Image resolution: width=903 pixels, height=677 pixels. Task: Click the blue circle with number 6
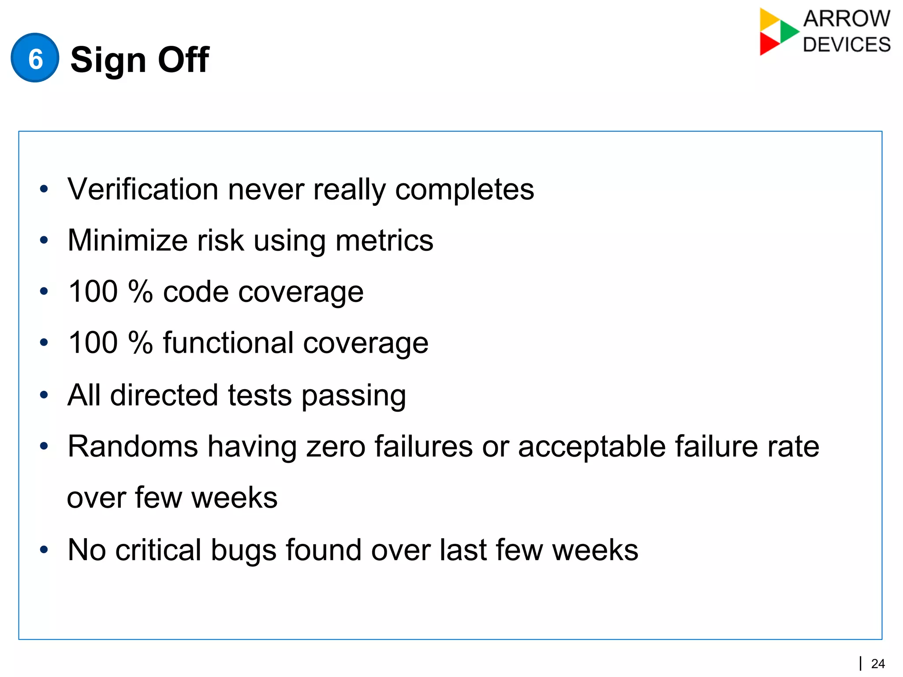(35, 58)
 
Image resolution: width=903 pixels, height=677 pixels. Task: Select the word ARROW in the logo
(846, 19)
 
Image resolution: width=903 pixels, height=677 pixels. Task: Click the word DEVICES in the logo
(846, 45)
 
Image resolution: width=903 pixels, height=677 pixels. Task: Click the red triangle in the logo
(768, 45)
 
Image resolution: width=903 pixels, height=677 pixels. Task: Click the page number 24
(878, 663)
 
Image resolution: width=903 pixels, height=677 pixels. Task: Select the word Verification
(142, 190)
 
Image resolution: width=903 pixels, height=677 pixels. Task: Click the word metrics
(384, 241)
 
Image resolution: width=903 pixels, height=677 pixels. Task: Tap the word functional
(228, 343)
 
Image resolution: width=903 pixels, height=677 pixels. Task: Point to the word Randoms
(133, 446)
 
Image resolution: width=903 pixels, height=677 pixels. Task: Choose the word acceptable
(591, 446)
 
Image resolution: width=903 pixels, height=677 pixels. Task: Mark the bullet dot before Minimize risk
(43, 240)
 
